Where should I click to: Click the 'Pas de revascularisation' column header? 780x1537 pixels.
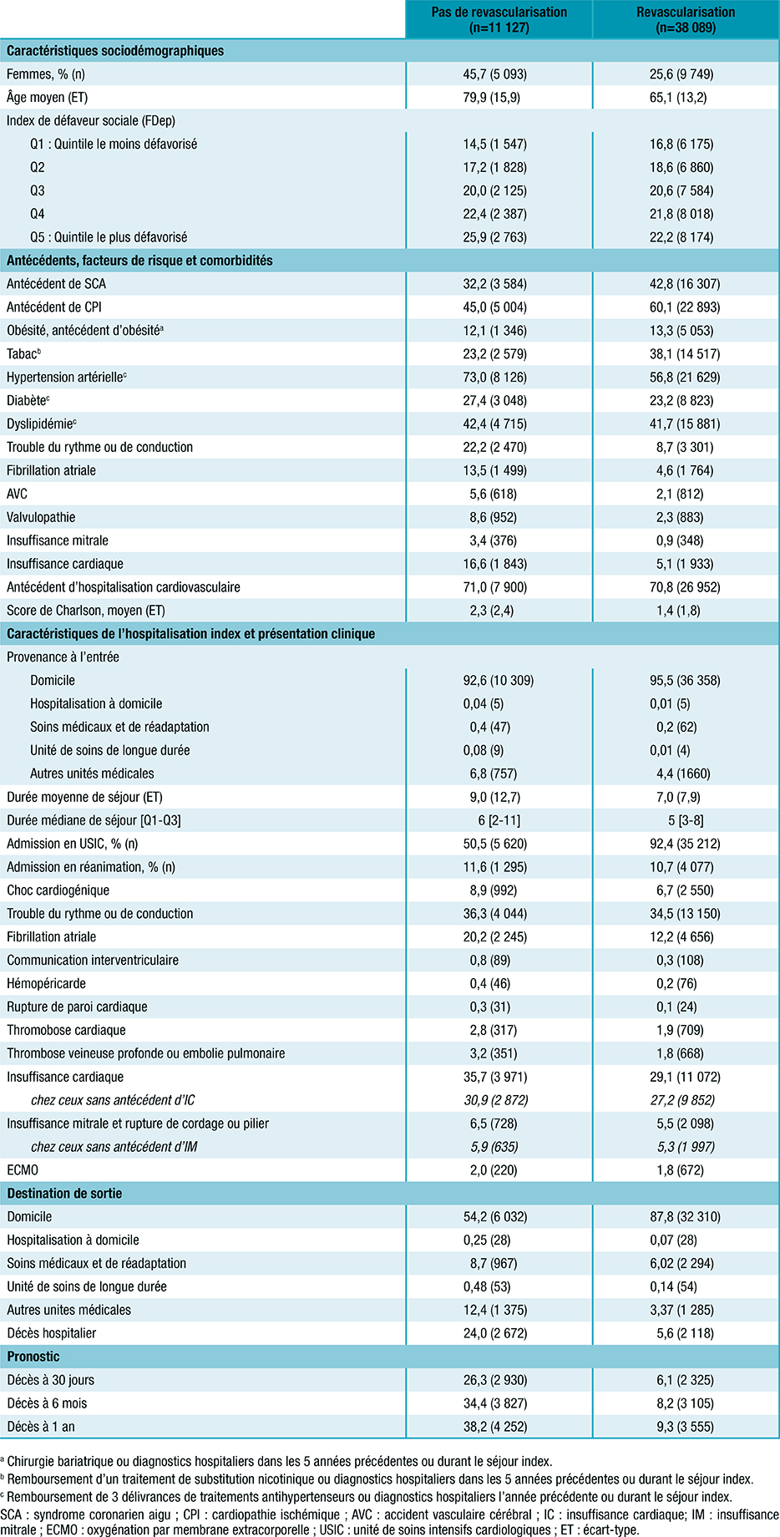click(x=499, y=19)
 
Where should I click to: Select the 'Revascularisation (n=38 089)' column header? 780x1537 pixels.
click(x=686, y=19)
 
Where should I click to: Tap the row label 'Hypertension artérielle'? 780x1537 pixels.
click(x=67, y=377)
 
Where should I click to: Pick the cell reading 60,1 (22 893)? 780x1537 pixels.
click(x=685, y=307)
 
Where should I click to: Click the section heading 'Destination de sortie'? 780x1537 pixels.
click(x=64, y=1193)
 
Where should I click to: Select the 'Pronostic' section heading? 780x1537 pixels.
click(x=33, y=1357)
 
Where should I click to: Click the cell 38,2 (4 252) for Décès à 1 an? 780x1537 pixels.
click(x=499, y=1427)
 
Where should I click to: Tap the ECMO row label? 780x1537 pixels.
click(x=23, y=1169)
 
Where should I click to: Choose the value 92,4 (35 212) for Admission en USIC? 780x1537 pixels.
click(x=685, y=844)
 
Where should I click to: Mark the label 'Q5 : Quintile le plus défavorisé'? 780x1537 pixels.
click(x=109, y=237)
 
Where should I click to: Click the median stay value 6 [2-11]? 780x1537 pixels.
click(x=499, y=820)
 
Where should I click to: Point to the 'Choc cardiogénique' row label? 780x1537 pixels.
click(x=58, y=890)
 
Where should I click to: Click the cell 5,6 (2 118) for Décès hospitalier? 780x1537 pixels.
click(x=685, y=1333)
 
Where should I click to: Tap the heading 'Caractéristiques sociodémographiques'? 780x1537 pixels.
click(x=115, y=51)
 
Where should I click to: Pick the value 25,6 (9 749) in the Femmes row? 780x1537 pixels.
click(x=685, y=74)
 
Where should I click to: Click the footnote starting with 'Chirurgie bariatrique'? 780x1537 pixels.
click(x=279, y=1462)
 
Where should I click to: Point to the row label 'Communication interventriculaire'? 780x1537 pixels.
click(x=93, y=961)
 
